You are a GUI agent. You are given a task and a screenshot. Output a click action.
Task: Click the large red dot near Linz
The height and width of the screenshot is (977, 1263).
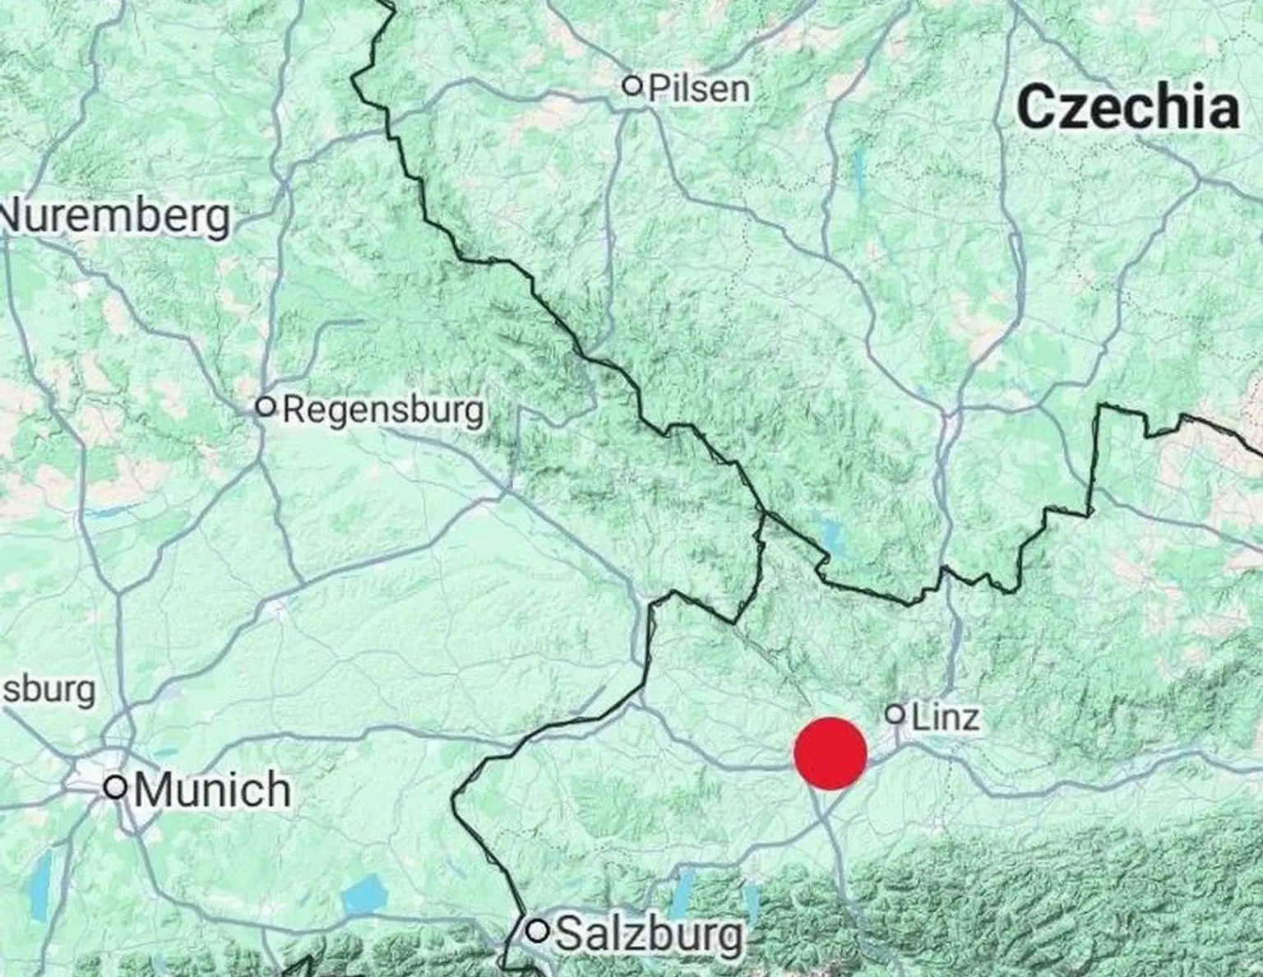[830, 753]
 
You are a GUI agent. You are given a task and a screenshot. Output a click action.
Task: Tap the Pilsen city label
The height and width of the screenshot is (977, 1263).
[699, 88]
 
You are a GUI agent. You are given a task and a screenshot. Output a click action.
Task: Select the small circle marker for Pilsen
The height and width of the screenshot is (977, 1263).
[631, 85]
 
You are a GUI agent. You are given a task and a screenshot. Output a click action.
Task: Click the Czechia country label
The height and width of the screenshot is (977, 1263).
[1128, 107]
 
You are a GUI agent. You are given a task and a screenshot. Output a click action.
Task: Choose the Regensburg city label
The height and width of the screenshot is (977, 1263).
[383, 410]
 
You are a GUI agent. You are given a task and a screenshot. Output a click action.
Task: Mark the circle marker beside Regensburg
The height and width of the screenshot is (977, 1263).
[265, 405]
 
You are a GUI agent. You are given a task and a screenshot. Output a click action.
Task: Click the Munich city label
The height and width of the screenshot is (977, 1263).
[212, 789]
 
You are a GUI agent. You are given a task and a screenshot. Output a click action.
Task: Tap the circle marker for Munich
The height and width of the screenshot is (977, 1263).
[116, 787]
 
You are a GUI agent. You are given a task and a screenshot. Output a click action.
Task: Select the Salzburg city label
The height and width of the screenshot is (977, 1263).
[649, 933]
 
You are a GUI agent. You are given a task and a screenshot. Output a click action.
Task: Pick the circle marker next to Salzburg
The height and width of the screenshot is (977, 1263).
[538, 931]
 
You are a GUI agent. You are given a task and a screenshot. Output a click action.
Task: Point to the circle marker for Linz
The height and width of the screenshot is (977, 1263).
[895, 714]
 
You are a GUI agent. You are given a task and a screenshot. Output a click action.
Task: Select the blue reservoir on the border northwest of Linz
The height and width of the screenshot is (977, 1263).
[834, 539]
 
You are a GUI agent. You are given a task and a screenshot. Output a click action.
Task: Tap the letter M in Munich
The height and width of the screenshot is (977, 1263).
[153, 789]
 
